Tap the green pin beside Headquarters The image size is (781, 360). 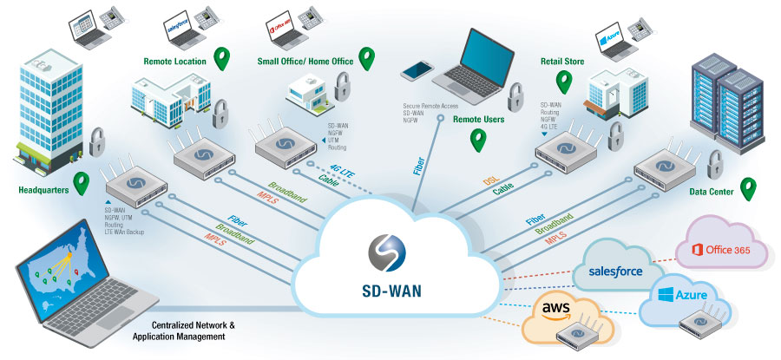coord(82,183)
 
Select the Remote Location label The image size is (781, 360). coord(174,62)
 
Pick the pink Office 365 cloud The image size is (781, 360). coord(728,250)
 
